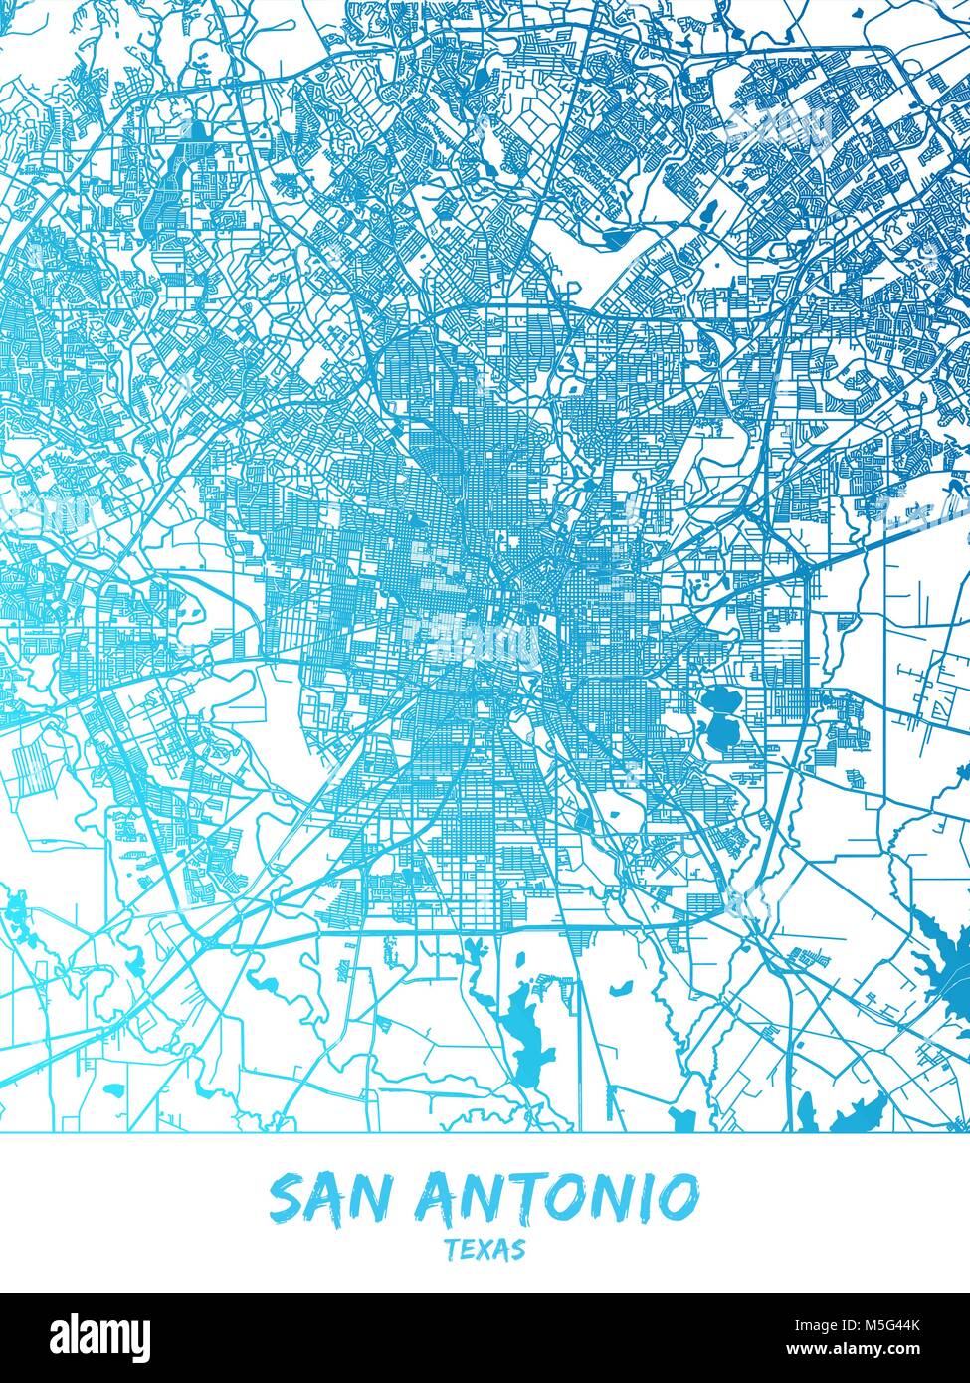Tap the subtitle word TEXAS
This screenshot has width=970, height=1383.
click(x=485, y=1249)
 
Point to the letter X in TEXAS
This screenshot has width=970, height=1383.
click(x=485, y=1249)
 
